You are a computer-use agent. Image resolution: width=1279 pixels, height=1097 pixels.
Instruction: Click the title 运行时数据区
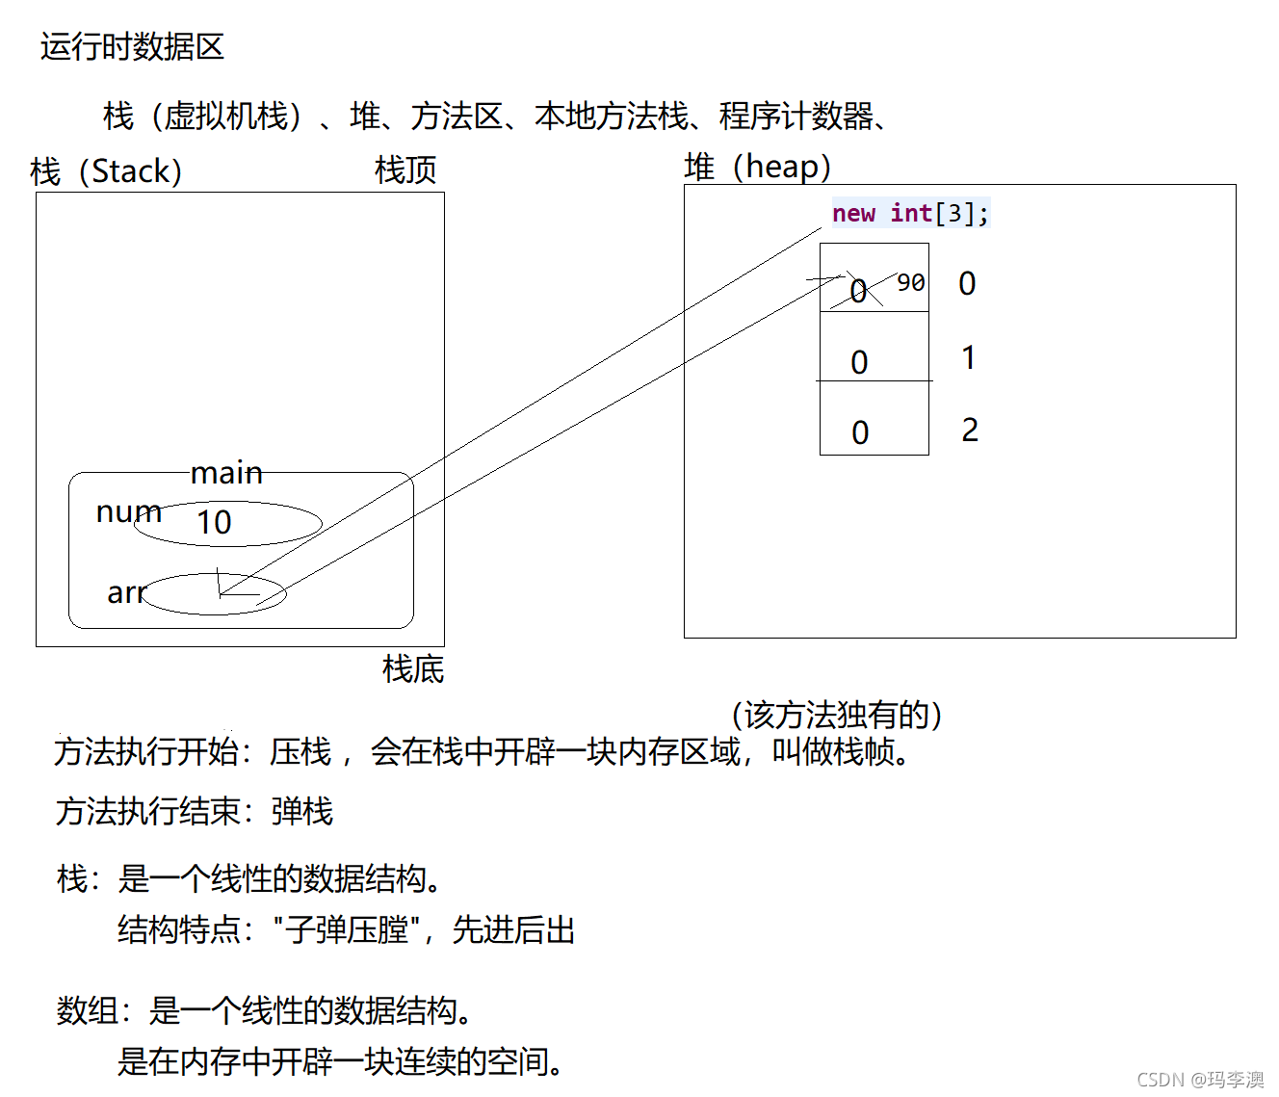[132, 46]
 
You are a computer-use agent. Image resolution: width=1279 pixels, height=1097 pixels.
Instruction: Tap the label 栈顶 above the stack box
[405, 170]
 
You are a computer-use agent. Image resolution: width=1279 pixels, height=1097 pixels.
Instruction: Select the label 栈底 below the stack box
[413, 668]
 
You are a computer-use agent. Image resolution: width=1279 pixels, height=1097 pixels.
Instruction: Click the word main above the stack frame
[226, 473]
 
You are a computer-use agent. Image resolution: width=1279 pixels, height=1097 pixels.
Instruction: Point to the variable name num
[128, 511]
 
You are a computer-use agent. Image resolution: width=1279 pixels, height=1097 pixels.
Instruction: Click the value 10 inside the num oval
[214, 522]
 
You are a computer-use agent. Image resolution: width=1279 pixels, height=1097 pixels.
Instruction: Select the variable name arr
[126, 592]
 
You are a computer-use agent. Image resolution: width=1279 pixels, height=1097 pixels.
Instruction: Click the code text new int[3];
[910, 213]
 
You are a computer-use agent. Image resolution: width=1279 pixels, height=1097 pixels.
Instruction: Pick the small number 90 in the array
[910, 282]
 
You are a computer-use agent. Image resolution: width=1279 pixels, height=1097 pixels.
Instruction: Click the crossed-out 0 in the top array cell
[858, 291]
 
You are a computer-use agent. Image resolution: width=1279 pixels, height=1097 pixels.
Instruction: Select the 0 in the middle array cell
[859, 362]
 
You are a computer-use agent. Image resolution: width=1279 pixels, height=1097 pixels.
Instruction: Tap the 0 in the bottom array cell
[860, 432]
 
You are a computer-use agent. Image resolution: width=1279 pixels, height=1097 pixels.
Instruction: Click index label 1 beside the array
[968, 357]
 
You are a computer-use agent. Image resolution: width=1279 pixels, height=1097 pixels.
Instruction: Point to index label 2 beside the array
[969, 430]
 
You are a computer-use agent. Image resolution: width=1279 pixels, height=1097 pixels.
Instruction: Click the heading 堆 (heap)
[757, 167]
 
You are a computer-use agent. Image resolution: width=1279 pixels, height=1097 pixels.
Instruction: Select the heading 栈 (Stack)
[106, 171]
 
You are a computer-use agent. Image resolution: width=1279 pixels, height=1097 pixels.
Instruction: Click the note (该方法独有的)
[836, 715]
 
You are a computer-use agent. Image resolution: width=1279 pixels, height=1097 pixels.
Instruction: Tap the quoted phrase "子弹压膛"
[348, 929]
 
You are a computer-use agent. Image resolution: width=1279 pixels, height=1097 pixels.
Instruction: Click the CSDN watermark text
[1200, 1079]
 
